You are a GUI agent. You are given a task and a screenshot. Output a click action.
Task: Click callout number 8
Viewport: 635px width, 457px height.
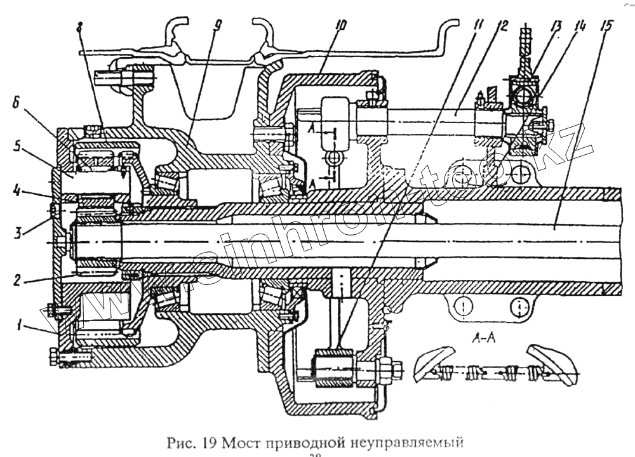point(79,27)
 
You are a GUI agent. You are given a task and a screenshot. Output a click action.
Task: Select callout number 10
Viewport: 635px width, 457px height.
point(340,27)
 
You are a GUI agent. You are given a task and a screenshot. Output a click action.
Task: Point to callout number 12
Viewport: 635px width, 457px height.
point(502,26)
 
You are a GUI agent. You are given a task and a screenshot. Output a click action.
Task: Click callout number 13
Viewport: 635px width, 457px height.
point(557,27)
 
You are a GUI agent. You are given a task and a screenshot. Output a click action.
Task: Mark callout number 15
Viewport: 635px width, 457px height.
point(606,27)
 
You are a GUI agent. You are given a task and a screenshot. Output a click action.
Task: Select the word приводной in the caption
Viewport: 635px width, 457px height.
point(300,442)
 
